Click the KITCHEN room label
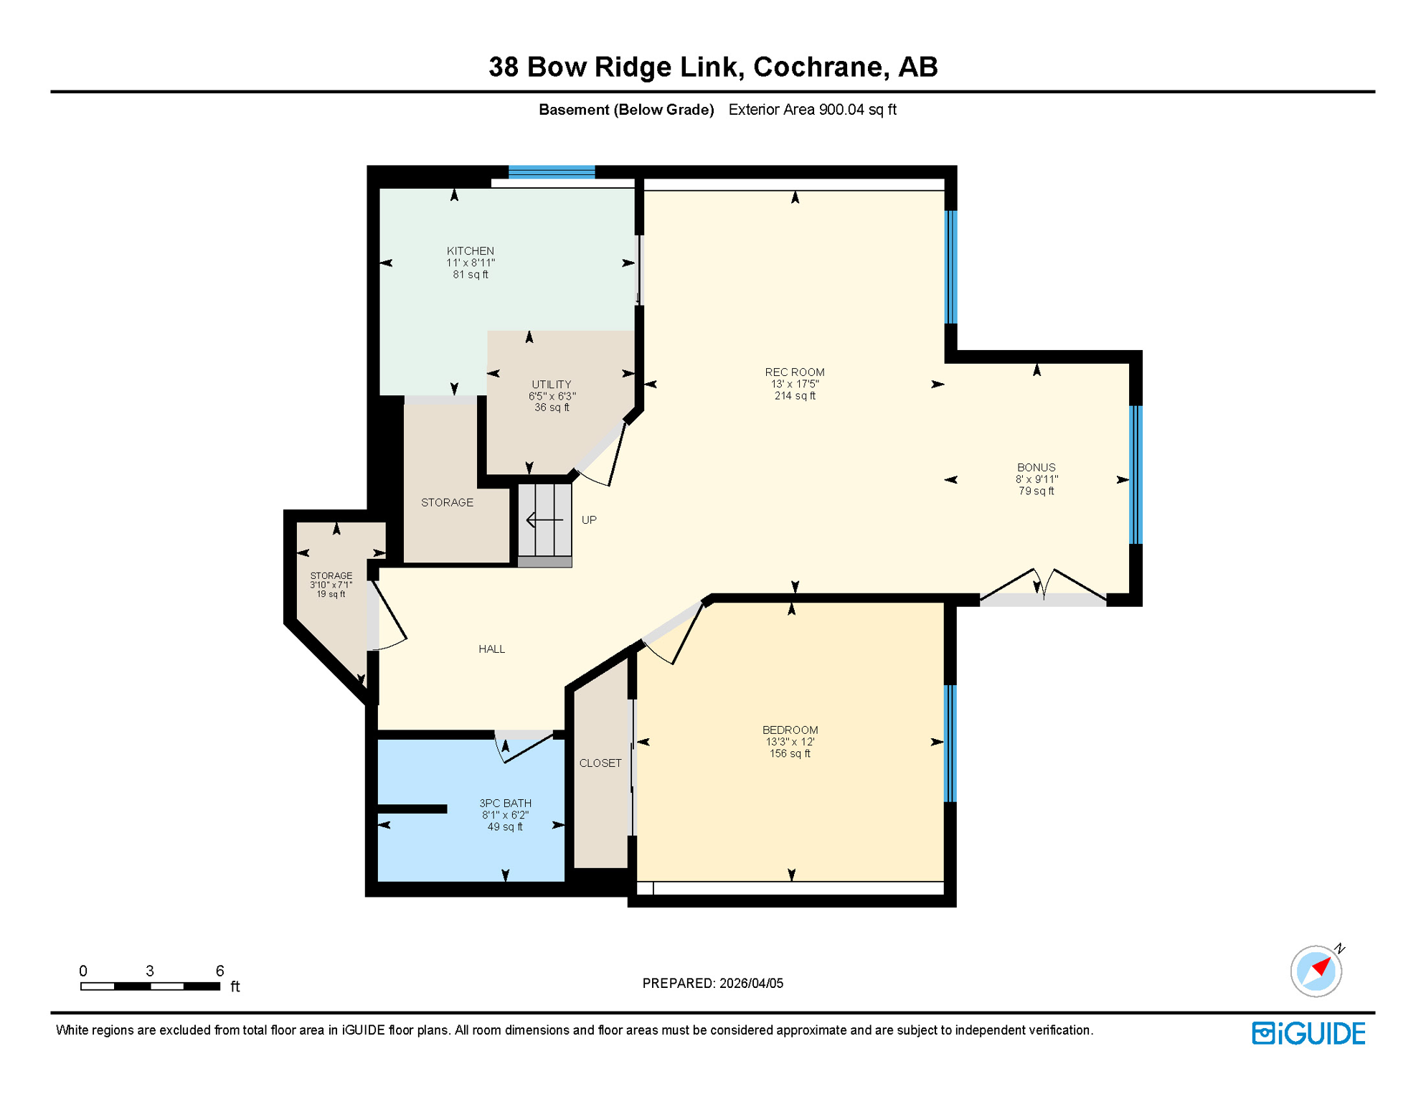pyautogui.click(x=470, y=250)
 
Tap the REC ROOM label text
pyautogui.click(x=794, y=372)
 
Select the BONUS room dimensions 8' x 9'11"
pyautogui.click(x=1036, y=479)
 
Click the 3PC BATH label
pyautogui.click(x=505, y=803)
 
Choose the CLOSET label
pyautogui.click(x=600, y=763)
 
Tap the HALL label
pyautogui.click(x=491, y=649)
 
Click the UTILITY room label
pyautogui.click(x=551, y=384)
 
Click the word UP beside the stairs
pyautogui.click(x=588, y=519)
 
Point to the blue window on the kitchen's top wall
pyautogui.click(x=551, y=171)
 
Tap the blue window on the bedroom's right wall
pyautogui.click(x=950, y=743)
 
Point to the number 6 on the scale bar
pyautogui.click(x=219, y=970)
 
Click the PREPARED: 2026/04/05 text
pyautogui.click(x=712, y=983)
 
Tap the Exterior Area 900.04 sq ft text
pyautogui.click(x=812, y=110)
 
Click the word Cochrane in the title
pyautogui.click(x=818, y=67)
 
